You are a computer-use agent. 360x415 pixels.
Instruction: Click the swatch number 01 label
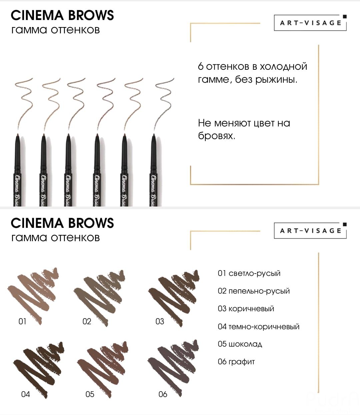tap(22, 322)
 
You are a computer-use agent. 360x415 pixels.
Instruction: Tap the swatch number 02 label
tap(87, 322)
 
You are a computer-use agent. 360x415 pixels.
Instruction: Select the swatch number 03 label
tap(160, 322)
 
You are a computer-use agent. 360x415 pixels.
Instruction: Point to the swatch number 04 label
tap(26, 394)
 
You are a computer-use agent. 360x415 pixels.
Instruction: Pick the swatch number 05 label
tap(90, 394)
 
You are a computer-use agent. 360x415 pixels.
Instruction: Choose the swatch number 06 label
tap(163, 394)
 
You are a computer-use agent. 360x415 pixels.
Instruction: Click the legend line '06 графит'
tap(236, 362)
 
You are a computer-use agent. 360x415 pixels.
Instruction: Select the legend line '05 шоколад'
tap(240, 344)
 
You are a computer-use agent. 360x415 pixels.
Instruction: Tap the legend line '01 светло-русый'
tap(249, 274)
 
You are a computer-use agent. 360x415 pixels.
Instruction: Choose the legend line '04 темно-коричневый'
tap(259, 327)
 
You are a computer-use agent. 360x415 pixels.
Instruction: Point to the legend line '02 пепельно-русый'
tap(254, 291)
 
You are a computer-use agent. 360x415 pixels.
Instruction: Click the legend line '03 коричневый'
tap(246, 309)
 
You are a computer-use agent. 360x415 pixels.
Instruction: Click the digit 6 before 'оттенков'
tap(201, 66)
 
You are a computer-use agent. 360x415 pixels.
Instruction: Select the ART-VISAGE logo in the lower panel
tap(310, 231)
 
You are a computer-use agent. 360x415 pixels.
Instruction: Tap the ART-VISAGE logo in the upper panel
tap(310, 23)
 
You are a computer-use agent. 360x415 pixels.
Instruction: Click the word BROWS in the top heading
tap(91, 15)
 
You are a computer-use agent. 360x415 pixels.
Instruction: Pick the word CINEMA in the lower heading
tap(37, 223)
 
